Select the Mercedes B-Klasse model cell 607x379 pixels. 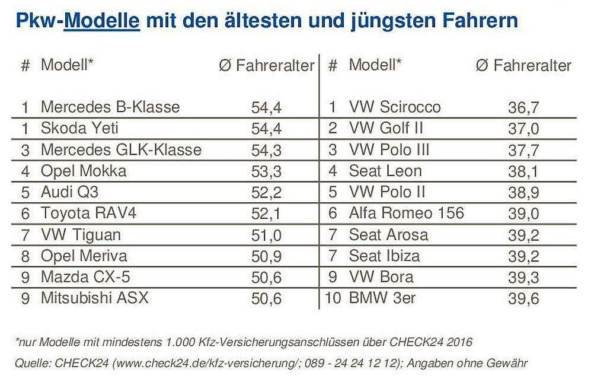pyautogui.click(x=110, y=107)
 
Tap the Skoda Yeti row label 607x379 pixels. pyautogui.click(x=80, y=128)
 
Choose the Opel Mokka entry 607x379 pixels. pyautogui.click(x=84, y=171)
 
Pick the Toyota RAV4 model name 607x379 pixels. pyautogui.click(x=88, y=213)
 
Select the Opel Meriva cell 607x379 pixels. pyautogui.click(x=84, y=256)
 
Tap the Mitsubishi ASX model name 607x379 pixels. pyautogui.click(x=94, y=298)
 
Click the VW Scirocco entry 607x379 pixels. pyautogui.click(x=395, y=107)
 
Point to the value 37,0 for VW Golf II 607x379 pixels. pyautogui.click(x=523, y=129)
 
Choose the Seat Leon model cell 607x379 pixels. pyautogui.click(x=385, y=171)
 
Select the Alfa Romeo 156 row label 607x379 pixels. pyautogui.click(x=407, y=214)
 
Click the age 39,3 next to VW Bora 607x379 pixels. pyautogui.click(x=523, y=278)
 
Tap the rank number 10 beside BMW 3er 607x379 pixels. pyautogui.click(x=333, y=298)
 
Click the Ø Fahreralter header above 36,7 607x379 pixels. pyautogui.click(x=523, y=66)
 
